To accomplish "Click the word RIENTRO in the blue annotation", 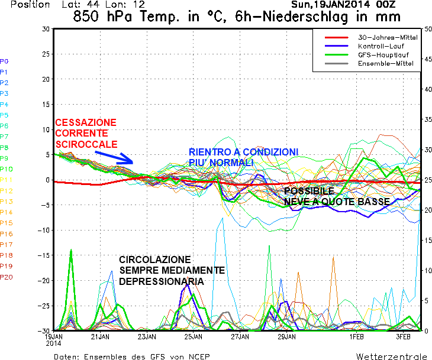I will click(x=208, y=152).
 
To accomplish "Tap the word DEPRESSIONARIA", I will click(x=162, y=281).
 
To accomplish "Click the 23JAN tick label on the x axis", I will click(x=147, y=336).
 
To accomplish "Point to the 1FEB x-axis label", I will click(x=356, y=336).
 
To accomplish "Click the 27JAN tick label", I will click(x=240, y=336).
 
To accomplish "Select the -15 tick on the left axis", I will click(x=44, y=255).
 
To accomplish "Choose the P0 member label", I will click(x=4, y=61).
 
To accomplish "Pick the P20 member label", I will click(x=6, y=277).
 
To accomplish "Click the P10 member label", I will click(x=6, y=169).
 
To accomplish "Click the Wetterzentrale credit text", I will click(x=391, y=356).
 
